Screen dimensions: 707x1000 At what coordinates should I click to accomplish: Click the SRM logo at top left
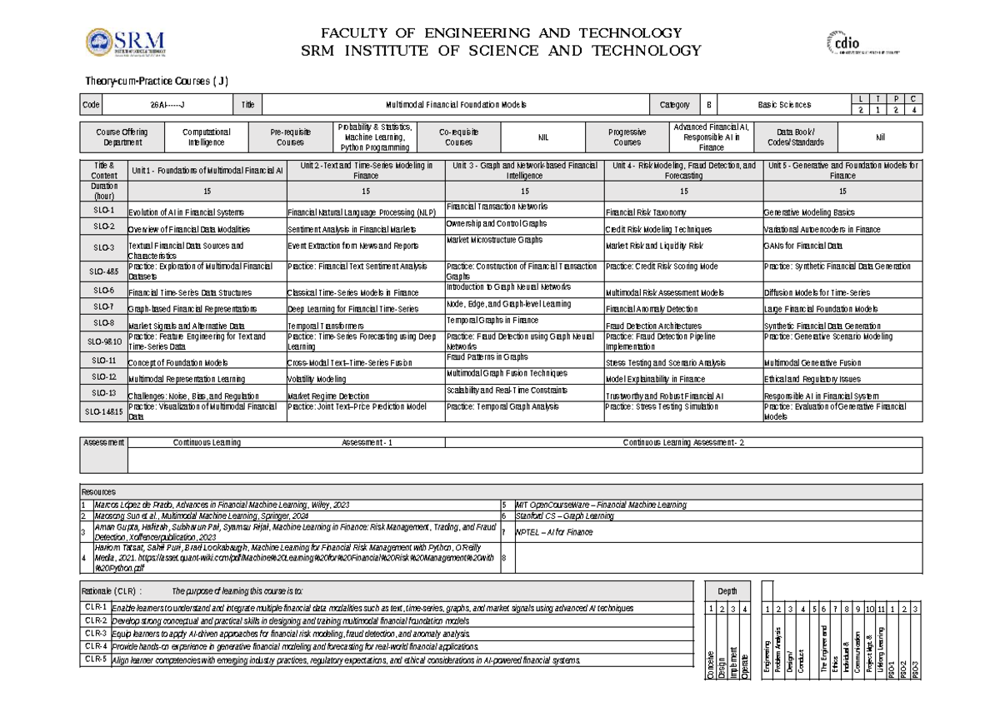(x=127, y=43)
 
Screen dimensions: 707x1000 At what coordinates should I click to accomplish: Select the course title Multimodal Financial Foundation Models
(x=456, y=105)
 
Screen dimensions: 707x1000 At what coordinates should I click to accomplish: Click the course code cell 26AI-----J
(x=167, y=105)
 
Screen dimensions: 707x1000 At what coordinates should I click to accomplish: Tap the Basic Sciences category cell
(x=783, y=105)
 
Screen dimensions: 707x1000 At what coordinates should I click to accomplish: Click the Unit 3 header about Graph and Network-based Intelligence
(x=524, y=170)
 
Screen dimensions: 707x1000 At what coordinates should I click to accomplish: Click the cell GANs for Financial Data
(x=803, y=246)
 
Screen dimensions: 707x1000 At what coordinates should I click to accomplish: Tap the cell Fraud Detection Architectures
(x=653, y=326)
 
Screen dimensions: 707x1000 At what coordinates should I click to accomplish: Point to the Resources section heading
(x=98, y=491)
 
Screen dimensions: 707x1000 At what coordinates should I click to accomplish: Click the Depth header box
(x=727, y=591)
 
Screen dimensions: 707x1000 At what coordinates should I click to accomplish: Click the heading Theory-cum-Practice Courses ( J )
(x=157, y=80)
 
